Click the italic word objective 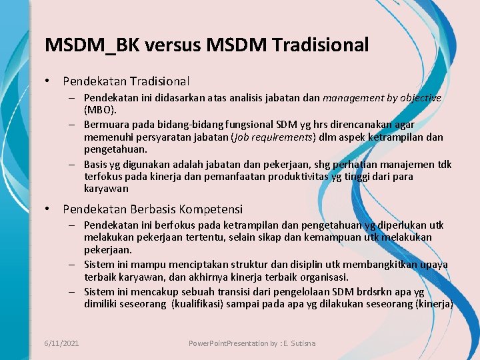coord(420,98)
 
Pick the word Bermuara coord(107,125)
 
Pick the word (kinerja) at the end coord(434,305)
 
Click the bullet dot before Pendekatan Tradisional coord(48,81)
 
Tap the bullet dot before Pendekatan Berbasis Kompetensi coord(48,209)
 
